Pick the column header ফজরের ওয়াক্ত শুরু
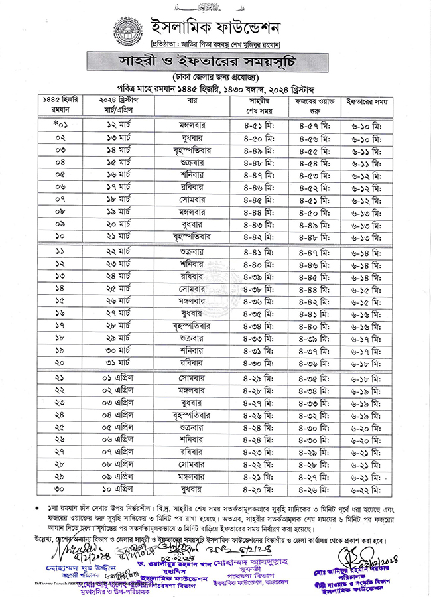pos(311,105)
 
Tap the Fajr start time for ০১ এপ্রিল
pos(311,379)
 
